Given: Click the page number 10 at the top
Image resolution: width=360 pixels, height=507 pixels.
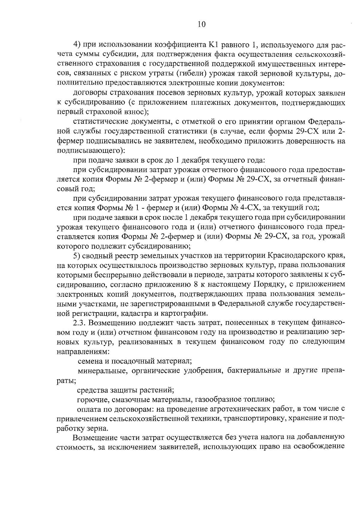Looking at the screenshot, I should point(201,25).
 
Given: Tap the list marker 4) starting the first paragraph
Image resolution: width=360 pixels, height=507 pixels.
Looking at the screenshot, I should point(77,45).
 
